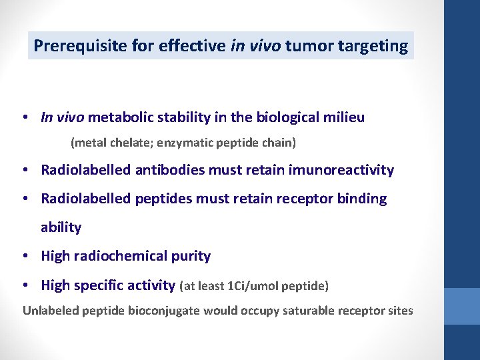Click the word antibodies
170,171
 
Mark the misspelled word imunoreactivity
341,171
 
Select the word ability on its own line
61,227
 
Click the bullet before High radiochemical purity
24,256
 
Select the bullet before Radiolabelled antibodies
24,171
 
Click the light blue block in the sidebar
462,306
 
